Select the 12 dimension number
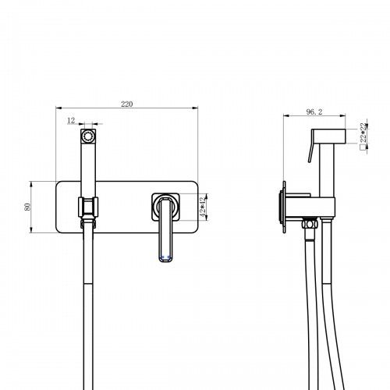pos(72,121)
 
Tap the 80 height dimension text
pos(27,206)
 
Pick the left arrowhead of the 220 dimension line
pos(59,108)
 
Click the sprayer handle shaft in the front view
pos(88,168)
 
